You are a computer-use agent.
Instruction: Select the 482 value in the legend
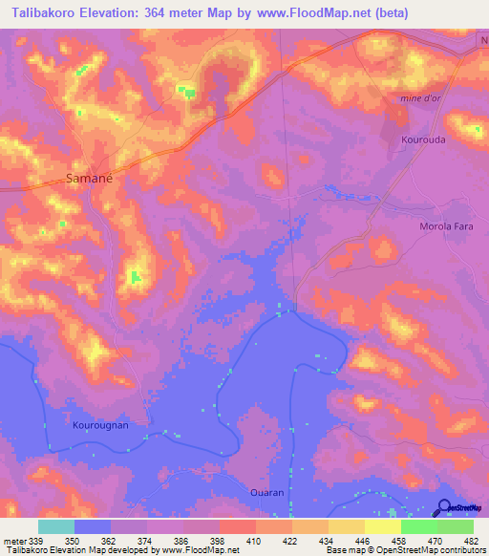(471, 540)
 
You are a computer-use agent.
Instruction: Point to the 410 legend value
(254, 540)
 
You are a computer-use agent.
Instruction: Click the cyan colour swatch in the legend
(56, 526)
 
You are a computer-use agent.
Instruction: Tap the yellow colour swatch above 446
(346, 526)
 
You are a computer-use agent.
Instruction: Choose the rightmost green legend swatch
(455, 526)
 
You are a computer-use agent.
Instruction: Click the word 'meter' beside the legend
(13, 540)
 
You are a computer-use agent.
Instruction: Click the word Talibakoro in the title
(39, 13)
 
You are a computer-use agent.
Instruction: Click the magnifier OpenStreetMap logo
(444, 507)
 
